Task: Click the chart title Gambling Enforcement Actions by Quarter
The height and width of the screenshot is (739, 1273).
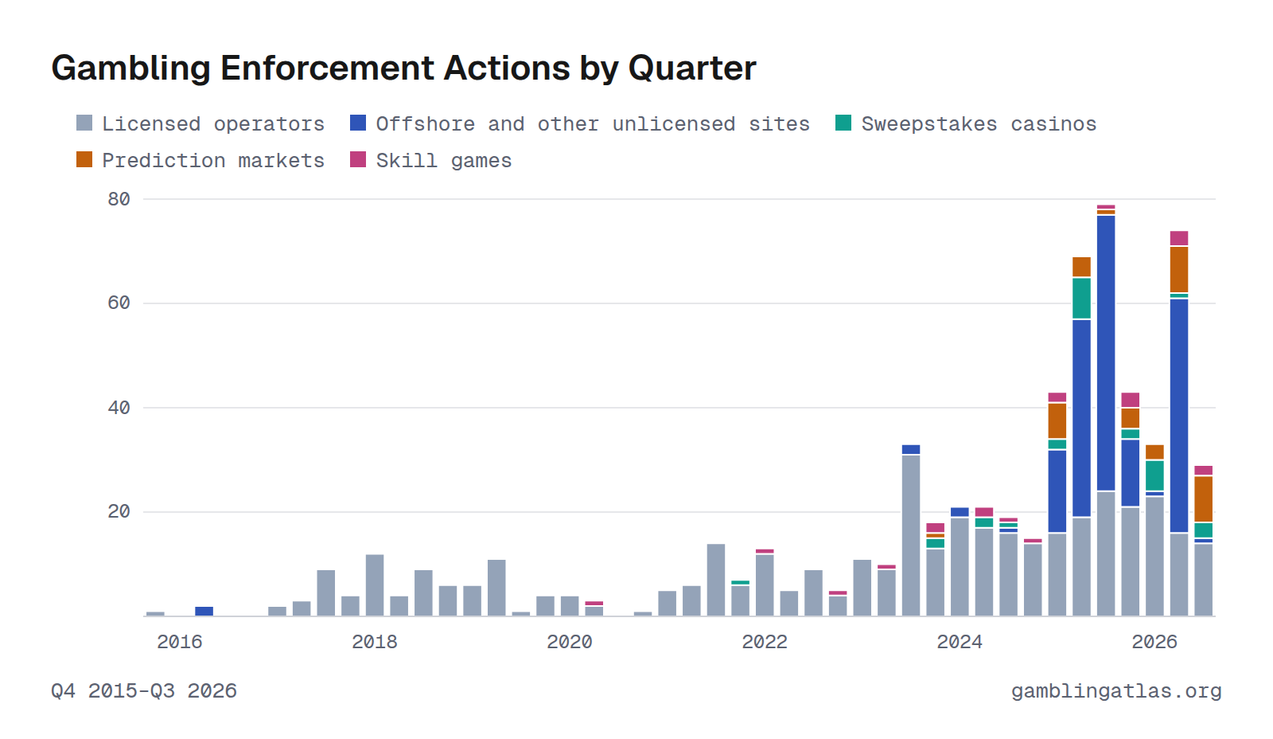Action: click(403, 68)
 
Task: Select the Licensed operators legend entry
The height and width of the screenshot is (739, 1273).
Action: click(200, 124)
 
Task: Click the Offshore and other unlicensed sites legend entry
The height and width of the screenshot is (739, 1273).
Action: click(580, 124)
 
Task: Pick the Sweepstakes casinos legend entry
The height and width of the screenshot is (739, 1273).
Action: click(966, 124)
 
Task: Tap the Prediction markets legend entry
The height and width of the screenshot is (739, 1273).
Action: click(200, 160)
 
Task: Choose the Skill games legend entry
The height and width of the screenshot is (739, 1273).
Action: click(430, 160)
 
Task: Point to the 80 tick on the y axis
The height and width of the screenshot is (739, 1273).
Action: click(119, 199)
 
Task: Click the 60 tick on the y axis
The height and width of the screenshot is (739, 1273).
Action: click(119, 303)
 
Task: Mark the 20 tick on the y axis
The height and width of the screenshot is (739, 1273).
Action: click(119, 512)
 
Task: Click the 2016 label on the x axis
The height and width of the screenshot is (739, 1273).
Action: click(180, 643)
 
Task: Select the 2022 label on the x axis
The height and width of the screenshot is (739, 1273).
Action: click(765, 643)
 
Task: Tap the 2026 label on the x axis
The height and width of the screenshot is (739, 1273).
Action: click(1154, 643)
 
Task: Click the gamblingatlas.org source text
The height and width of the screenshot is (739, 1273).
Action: click(1117, 691)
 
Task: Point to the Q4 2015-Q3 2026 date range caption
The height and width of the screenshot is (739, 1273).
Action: click(144, 691)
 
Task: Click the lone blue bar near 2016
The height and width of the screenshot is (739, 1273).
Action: click(204, 611)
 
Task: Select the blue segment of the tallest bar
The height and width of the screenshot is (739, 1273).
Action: click(1106, 353)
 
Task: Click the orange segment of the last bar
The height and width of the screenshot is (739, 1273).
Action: click(1204, 499)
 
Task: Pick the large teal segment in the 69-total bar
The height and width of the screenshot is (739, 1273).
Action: click(1081, 298)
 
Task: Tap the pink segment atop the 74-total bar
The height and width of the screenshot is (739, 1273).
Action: click(1179, 238)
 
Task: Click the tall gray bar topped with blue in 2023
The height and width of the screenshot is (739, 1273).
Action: click(911, 535)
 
